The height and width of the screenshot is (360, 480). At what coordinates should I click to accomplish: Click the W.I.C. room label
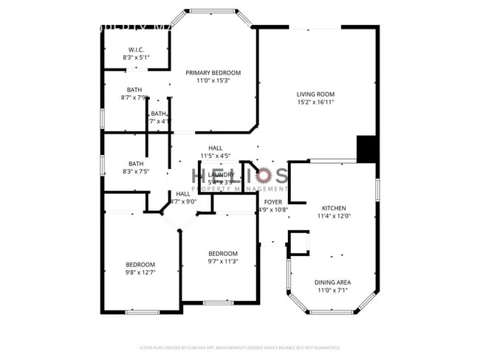(135, 49)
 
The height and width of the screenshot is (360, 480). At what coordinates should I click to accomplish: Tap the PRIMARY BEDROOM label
(213, 72)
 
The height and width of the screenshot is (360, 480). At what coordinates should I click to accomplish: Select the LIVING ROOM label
(315, 94)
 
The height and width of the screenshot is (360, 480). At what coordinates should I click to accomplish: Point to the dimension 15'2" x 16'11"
(315, 102)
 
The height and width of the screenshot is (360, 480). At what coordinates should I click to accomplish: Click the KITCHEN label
(333, 208)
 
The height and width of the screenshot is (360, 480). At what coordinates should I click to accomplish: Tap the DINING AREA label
(333, 283)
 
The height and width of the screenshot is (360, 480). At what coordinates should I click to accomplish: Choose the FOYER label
(273, 201)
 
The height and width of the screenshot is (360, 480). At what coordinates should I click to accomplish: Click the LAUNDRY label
(222, 174)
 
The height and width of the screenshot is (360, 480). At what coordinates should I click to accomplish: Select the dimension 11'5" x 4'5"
(216, 156)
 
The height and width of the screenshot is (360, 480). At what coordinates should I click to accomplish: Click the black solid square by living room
(367, 149)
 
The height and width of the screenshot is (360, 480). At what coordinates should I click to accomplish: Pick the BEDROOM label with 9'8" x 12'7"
(140, 265)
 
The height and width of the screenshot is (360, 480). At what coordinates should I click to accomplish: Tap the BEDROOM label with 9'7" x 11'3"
(222, 253)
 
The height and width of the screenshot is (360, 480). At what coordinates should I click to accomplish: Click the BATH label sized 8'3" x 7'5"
(136, 164)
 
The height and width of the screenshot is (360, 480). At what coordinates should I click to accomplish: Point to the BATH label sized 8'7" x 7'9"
(134, 90)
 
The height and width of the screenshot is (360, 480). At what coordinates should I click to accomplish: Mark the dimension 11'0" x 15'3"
(213, 80)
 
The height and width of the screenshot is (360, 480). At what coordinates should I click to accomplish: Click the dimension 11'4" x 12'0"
(333, 216)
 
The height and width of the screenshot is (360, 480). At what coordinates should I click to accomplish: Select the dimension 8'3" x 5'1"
(135, 57)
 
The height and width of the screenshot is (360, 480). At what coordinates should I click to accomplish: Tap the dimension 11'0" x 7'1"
(333, 291)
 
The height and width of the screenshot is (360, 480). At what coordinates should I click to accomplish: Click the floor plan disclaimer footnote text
(239, 347)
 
